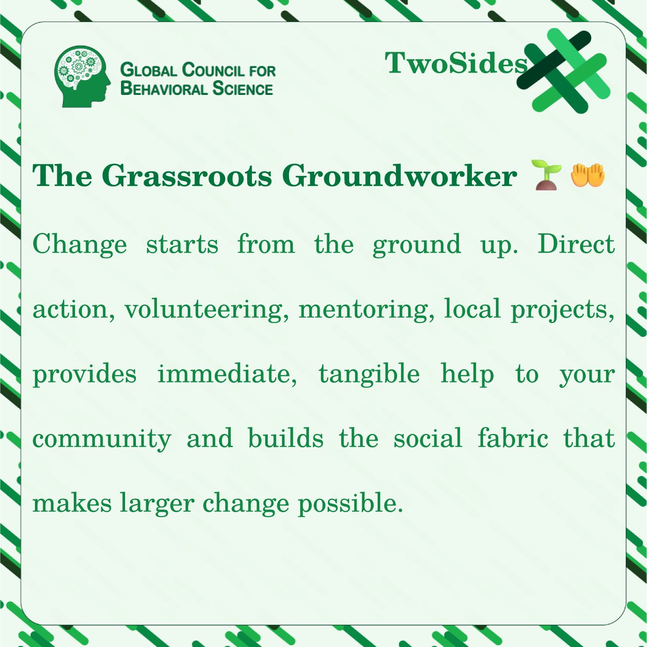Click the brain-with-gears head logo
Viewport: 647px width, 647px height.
click(82, 76)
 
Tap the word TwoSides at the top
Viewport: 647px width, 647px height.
click(456, 64)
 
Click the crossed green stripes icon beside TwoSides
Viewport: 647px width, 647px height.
click(562, 71)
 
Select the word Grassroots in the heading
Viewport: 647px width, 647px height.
click(186, 176)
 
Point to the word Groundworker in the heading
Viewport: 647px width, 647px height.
click(400, 176)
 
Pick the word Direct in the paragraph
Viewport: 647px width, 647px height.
click(576, 244)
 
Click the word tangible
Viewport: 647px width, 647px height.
click(369, 374)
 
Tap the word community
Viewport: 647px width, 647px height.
click(102, 439)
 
